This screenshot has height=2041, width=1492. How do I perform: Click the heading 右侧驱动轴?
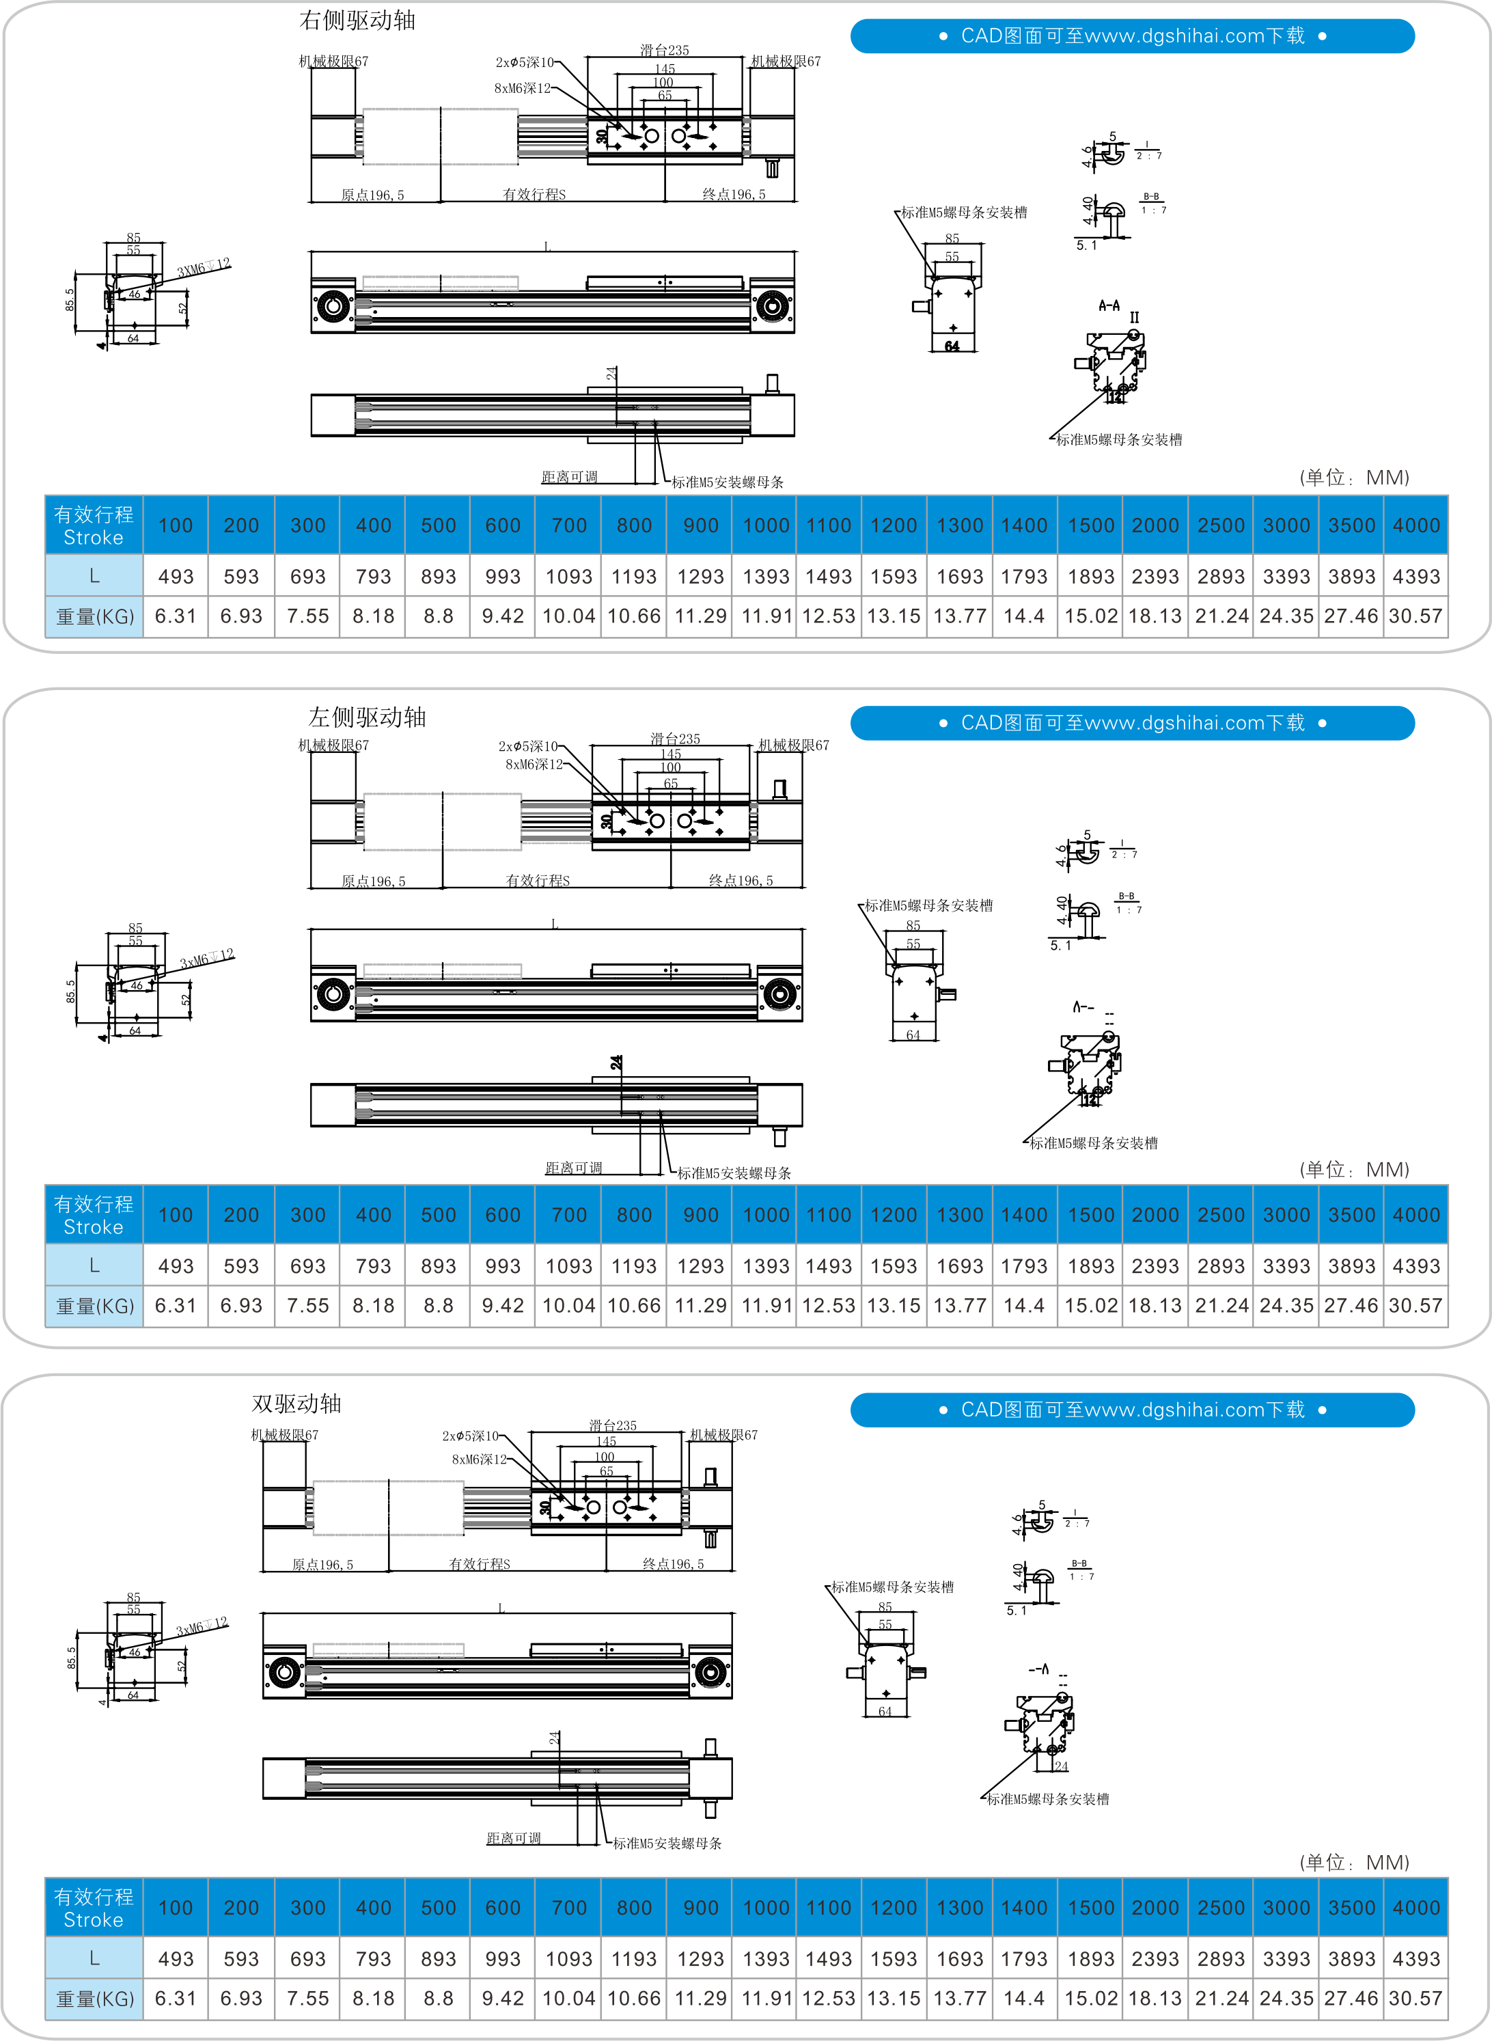(357, 20)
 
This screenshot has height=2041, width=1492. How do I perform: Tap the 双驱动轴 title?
(296, 1403)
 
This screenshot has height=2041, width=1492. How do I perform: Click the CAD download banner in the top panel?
(1133, 36)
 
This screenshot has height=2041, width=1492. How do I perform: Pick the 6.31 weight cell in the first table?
(175, 617)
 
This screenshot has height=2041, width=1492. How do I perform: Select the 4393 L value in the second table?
(1415, 1266)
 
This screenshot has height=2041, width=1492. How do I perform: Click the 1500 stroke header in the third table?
(1090, 1907)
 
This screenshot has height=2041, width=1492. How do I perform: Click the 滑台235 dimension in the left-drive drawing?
(675, 739)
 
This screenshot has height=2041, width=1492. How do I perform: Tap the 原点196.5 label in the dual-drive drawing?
(322, 1564)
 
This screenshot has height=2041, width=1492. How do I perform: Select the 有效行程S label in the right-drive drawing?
(534, 194)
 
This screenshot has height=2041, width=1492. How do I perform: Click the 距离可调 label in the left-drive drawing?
(572, 1168)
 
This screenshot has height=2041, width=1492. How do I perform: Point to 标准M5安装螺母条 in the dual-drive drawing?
(667, 1844)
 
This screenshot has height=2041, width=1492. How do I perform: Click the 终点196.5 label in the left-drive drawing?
(741, 881)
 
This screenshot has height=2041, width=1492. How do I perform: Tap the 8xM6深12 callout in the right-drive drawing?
(522, 89)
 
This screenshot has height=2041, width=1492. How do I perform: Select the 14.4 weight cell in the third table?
(1023, 1999)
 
